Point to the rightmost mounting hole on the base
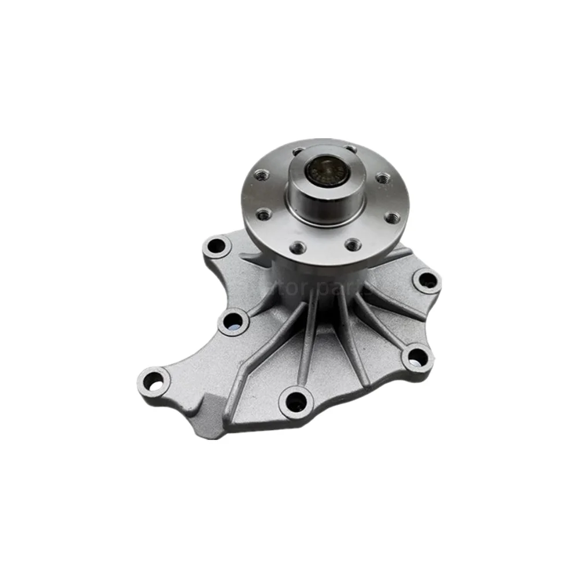click(x=428, y=281)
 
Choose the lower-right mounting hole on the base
click(x=417, y=357)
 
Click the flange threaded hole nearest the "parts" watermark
click(x=353, y=245)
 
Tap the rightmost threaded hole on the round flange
click(x=391, y=217)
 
